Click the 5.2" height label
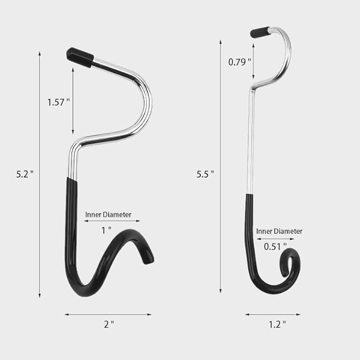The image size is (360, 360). click(25, 174)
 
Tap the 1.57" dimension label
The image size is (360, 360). click(58, 102)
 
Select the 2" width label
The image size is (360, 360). click(109, 324)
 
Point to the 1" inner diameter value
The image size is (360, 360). click(106, 230)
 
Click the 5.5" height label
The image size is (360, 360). click(205, 174)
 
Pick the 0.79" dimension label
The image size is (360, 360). click(240, 62)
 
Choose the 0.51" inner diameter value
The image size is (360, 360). click(275, 247)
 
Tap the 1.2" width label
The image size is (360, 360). click(277, 324)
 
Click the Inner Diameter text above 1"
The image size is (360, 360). click(108, 214)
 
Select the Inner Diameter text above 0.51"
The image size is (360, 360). click(279, 231)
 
